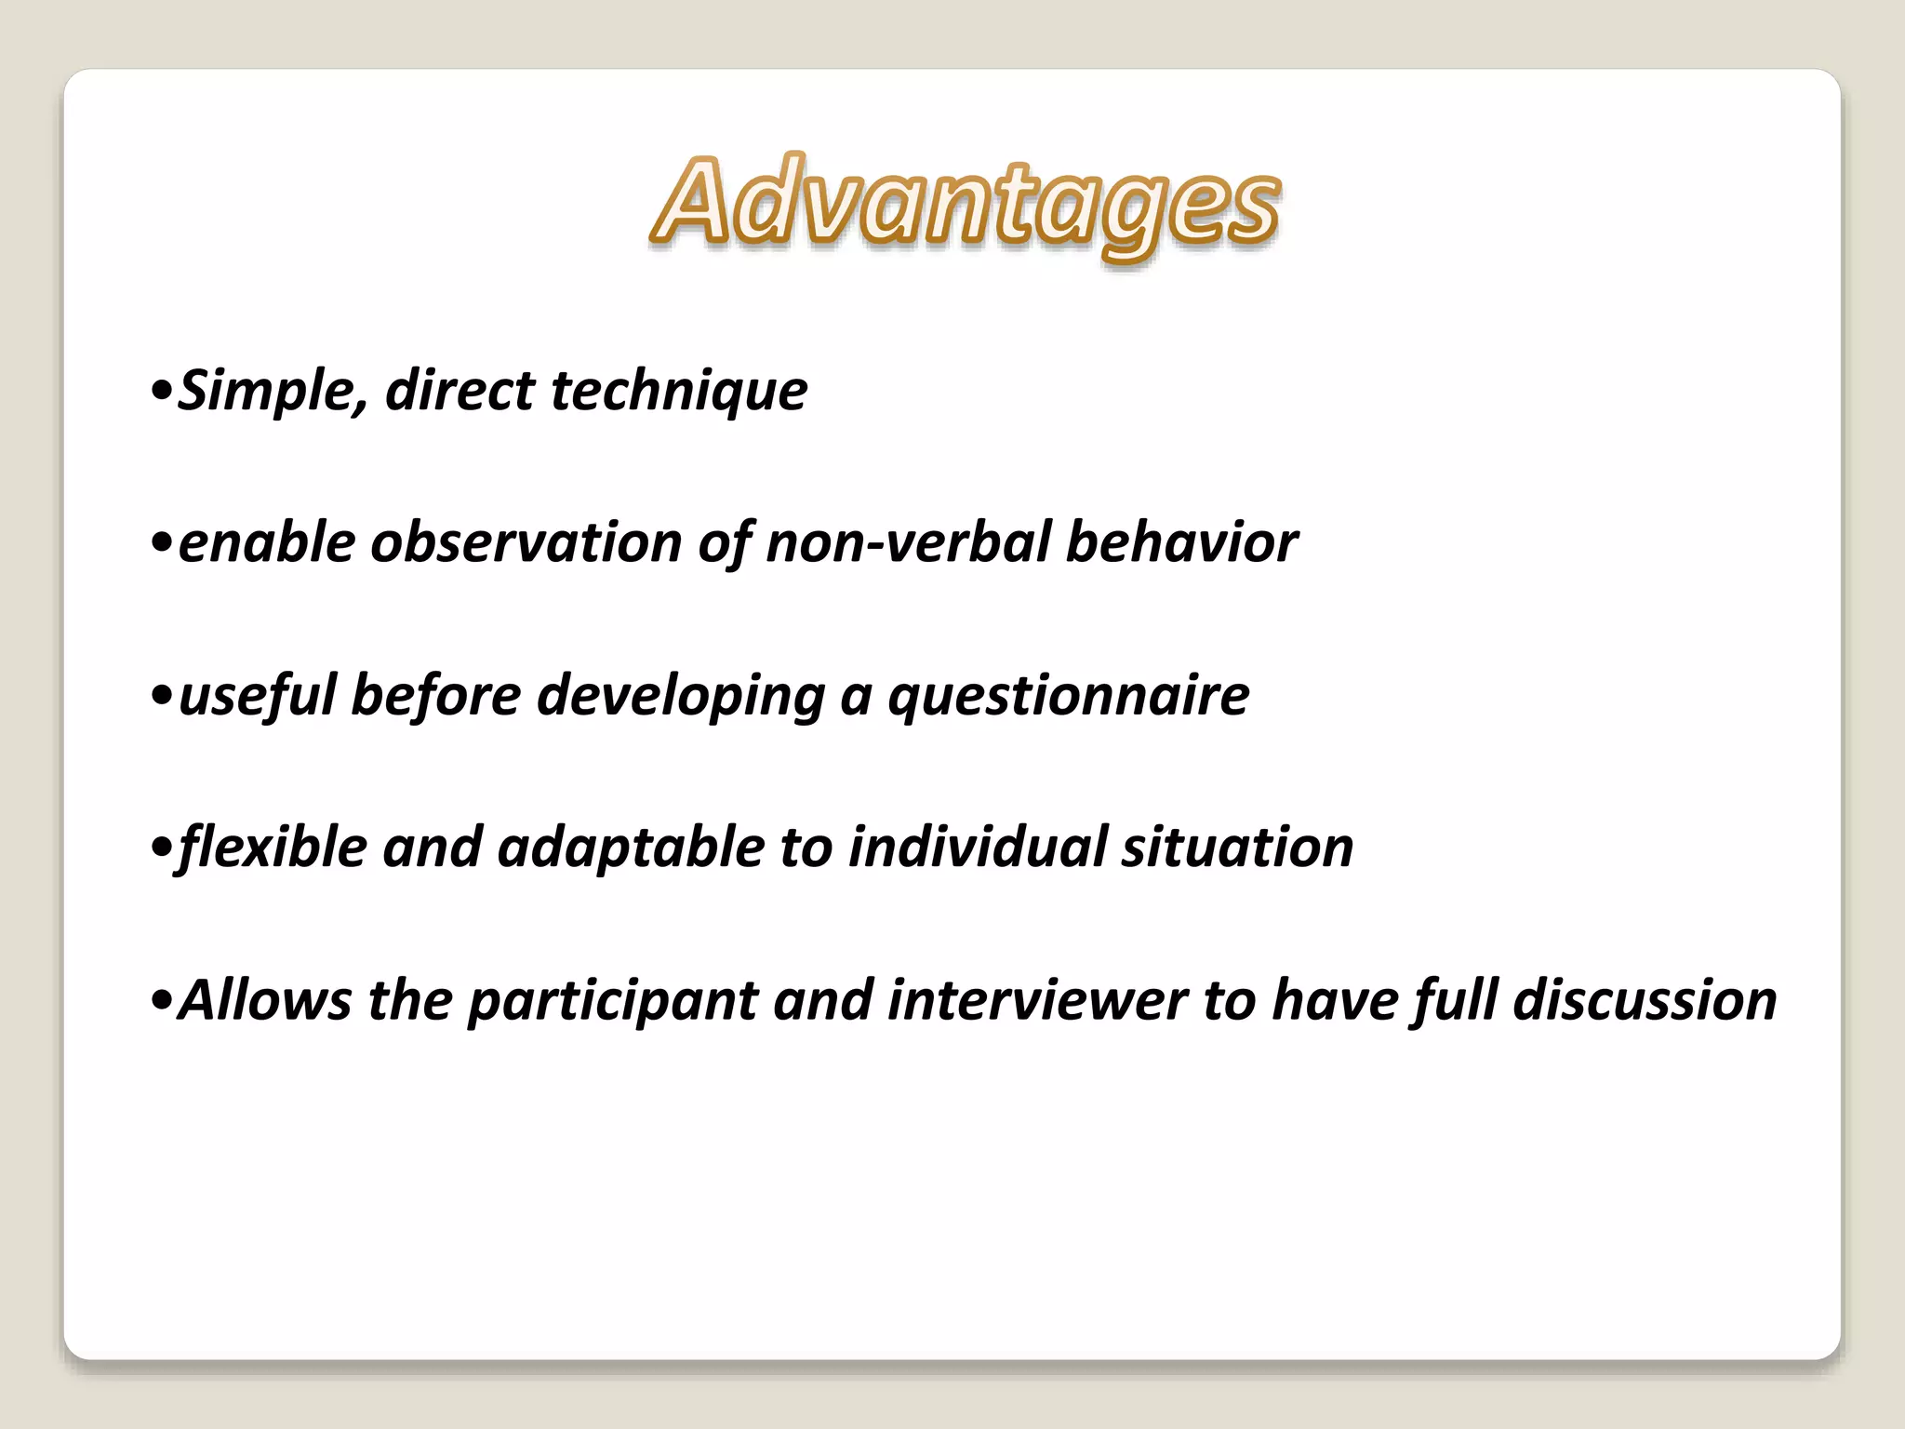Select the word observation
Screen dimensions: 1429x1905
[x=526, y=542]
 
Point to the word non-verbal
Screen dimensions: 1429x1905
[x=908, y=542]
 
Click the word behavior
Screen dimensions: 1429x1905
[x=1180, y=542]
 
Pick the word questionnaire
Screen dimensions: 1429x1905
[x=1069, y=696]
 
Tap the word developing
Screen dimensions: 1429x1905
[x=681, y=696]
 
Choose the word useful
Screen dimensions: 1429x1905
[x=257, y=696]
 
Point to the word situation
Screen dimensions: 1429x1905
[x=1237, y=848]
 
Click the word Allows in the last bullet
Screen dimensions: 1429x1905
[x=265, y=1001]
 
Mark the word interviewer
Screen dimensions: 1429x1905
[x=1037, y=1001]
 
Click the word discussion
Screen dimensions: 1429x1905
[x=1645, y=1001]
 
